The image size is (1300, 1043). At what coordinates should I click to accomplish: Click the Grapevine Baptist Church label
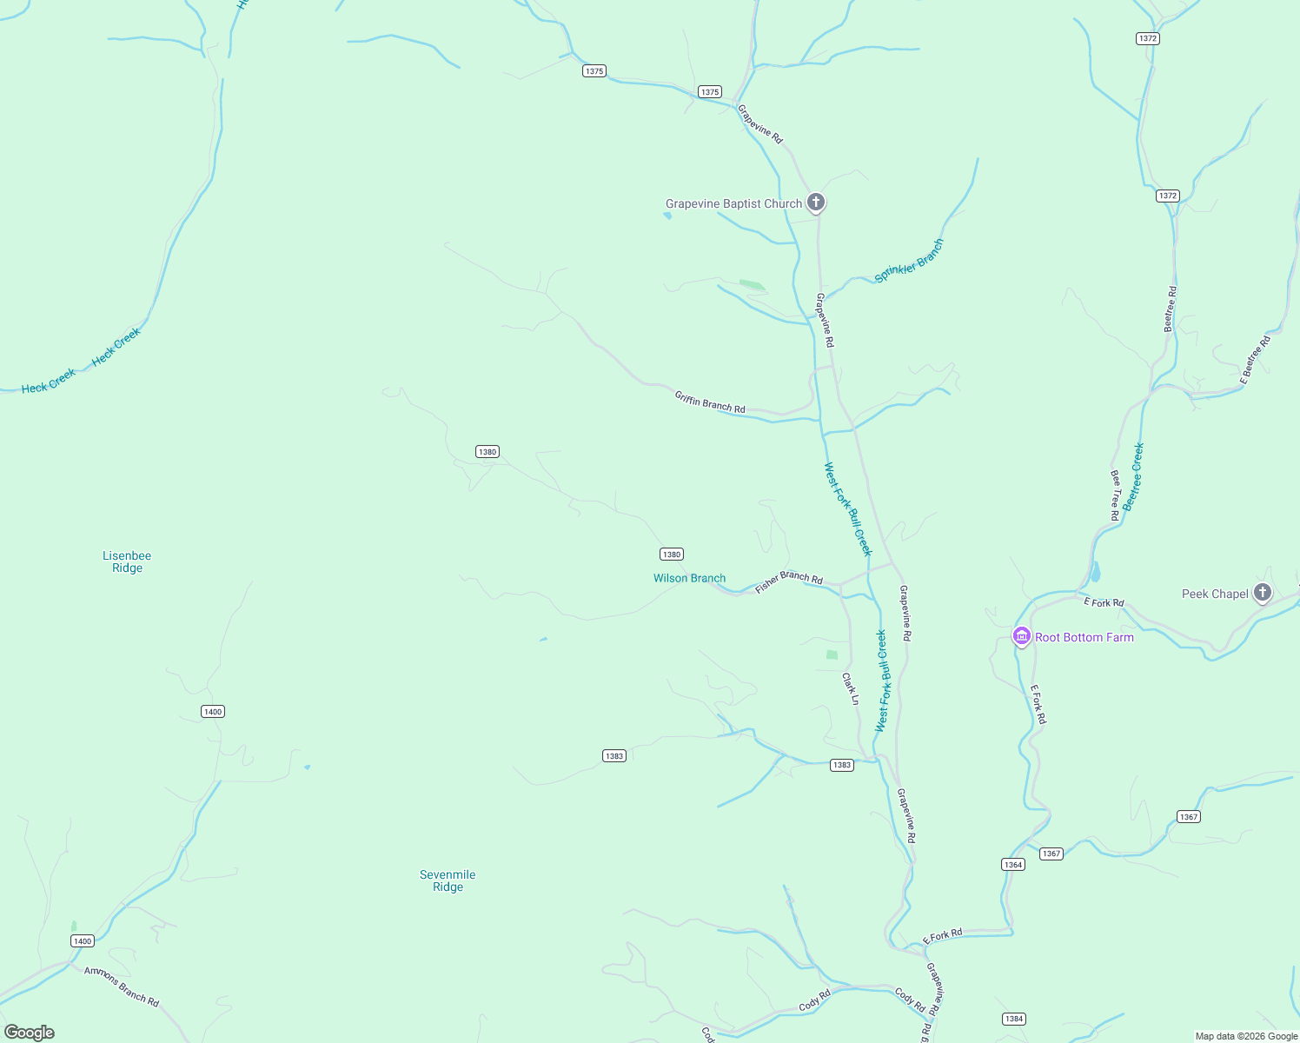click(733, 204)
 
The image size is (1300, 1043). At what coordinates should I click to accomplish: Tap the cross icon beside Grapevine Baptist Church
click(815, 203)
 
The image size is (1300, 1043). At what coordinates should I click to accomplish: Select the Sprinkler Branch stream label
click(908, 261)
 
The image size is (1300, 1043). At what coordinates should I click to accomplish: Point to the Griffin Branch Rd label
click(710, 402)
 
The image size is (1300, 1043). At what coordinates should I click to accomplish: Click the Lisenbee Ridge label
click(127, 561)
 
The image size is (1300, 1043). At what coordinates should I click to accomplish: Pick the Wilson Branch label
click(689, 578)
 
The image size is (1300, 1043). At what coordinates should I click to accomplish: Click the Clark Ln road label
click(851, 688)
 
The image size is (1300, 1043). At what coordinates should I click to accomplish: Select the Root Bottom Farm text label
click(1084, 637)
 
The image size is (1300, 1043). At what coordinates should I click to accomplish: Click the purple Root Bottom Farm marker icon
click(1022, 637)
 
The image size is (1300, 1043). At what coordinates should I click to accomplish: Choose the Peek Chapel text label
click(1215, 594)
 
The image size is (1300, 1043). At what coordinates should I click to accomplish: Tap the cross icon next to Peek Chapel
click(1263, 593)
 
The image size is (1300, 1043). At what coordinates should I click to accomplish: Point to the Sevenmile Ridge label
click(448, 880)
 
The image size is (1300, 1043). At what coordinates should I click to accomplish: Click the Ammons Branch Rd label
click(122, 987)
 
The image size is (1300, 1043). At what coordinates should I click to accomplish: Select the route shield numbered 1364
click(1012, 864)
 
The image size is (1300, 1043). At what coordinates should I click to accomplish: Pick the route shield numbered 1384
click(1013, 1019)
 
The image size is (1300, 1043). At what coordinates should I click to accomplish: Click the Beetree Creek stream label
click(1132, 476)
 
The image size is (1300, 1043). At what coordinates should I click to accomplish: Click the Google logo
click(30, 1033)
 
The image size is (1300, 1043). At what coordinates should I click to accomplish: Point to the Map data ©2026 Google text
click(1246, 1036)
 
